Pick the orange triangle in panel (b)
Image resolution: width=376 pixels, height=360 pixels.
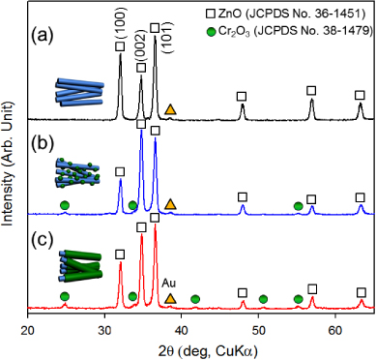click(171, 204)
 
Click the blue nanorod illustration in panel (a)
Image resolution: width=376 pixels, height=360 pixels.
click(74, 95)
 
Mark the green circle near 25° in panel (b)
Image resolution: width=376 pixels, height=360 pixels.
click(65, 205)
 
